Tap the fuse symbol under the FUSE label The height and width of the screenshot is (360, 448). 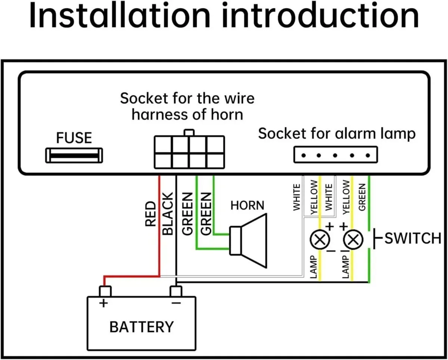(74, 155)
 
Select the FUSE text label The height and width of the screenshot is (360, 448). (74, 138)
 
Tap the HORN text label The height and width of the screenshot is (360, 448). (247, 205)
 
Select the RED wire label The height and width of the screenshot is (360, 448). (150, 214)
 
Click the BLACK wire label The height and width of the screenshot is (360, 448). (168, 214)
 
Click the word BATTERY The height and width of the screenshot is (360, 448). (141, 327)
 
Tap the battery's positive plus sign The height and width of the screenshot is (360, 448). (103, 303)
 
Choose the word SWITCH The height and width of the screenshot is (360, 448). (413, 238)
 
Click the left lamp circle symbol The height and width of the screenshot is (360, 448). (320, 239)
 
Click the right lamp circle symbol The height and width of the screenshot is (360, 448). (353, 239)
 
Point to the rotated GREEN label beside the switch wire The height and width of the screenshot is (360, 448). (361, 197)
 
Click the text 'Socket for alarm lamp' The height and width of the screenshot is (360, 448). (336, 134)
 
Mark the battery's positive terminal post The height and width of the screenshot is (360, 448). (105, 291)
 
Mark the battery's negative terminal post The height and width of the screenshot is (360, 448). (176, 291)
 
